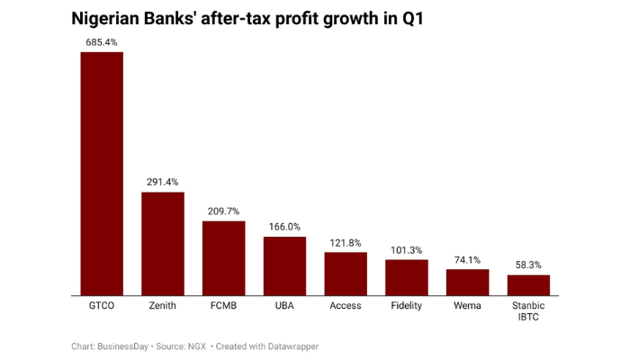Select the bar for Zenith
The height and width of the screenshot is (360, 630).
tap(163, 243)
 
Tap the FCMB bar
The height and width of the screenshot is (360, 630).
tap(223, 257)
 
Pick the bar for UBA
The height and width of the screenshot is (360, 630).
tap(284, 265)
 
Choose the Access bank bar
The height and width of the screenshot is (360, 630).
tap(346, 274)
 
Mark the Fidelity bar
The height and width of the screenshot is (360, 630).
tap(407, 277)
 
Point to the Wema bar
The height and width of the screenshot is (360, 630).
tap(467, 282)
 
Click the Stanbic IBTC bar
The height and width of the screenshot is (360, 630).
tap(528, 284)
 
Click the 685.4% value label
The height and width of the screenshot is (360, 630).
tap(102, 42)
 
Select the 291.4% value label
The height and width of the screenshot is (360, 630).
tap(163, 182)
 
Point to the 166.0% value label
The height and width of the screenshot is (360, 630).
tap(284, 227)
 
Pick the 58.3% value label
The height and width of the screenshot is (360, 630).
tap(528, 265)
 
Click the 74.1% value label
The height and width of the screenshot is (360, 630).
tap(467, 259)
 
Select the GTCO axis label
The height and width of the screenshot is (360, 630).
tap(102, 306)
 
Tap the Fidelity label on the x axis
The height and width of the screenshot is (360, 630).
tap(407, 306)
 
